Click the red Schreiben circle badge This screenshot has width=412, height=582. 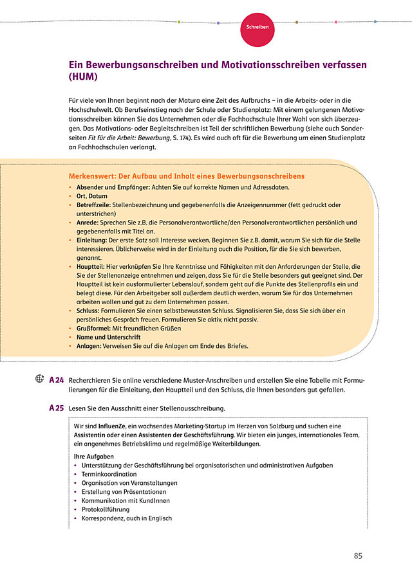point(257,28)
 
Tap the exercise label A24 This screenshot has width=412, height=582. point(56,380)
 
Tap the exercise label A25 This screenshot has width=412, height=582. point(56,408)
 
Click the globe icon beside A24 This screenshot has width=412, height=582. point(39,379)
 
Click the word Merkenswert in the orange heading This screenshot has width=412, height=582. point(93,176)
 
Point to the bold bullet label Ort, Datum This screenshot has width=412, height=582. point(92,196)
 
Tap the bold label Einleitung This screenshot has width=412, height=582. point(93,239)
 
